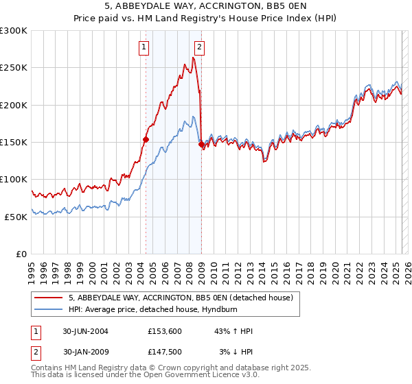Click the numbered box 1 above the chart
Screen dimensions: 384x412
[x=144, y=47]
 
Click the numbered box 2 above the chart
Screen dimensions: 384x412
[x=199, y=47]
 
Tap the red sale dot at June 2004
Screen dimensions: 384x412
[x=146, y=139]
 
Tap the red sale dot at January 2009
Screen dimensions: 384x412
[x=201, y=144]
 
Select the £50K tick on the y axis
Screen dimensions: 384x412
[x=16, y=217]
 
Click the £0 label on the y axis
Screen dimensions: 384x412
[x=22, y=254]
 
